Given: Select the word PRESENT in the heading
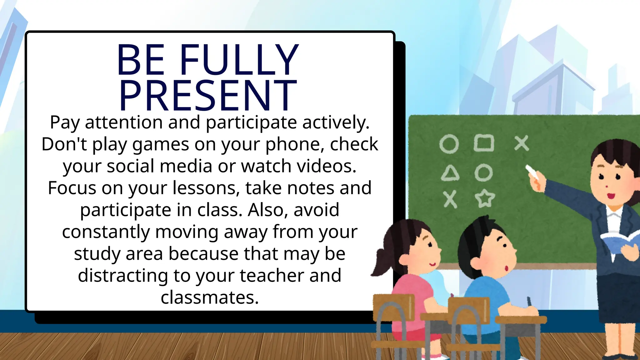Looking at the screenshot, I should click(207, 95).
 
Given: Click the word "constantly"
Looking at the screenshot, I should click(106, 232).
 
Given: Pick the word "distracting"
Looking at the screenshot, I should click(123, 276).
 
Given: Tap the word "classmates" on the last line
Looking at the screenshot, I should click(209, 297).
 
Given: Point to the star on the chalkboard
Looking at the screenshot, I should click(485, 198).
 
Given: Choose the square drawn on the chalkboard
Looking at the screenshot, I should click(484, 143).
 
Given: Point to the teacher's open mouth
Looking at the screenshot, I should click(611, 196).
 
